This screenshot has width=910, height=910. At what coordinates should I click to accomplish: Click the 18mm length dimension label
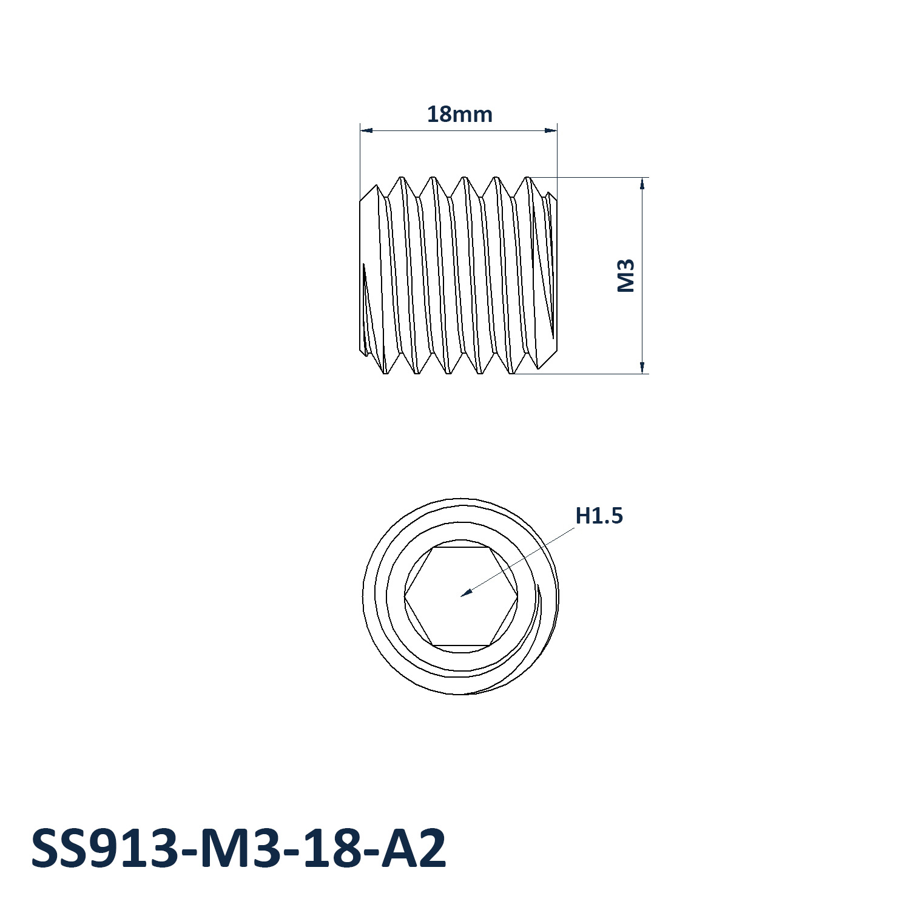[459, 114]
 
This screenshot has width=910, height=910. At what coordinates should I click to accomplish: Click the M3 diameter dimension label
[626, 275]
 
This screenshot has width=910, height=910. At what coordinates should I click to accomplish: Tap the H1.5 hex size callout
[599, 516]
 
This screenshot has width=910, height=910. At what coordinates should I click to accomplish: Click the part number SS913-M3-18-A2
[238, 848]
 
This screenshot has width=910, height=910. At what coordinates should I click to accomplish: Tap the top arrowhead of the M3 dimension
[642, 183]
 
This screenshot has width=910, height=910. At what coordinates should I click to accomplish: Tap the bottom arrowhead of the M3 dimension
[642, 367]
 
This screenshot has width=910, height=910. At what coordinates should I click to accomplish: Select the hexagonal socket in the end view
[461, 596]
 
